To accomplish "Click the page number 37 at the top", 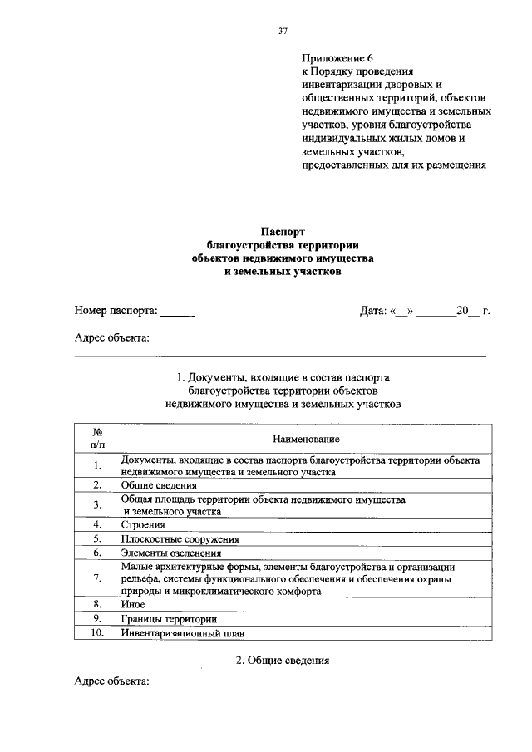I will (x=283, y=32).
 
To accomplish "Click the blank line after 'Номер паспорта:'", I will (x=178, y=313).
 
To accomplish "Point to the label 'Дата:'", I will (x=373, y=311).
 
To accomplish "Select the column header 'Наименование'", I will (x=305, y=438).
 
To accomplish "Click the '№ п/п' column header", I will (x=97, y=438).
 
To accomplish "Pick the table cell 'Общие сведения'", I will (x=159, y=485).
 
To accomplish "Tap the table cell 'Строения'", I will (x=143, y=524).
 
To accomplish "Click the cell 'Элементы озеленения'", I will (x=171, y=552).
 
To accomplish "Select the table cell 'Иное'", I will (x=133, y=605).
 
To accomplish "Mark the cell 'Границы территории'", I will (x=170, y=619).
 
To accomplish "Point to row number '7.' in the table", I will (x=97, y=578).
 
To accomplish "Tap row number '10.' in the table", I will (x=97, y=633).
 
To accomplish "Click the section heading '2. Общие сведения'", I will (x=283, y=661).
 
